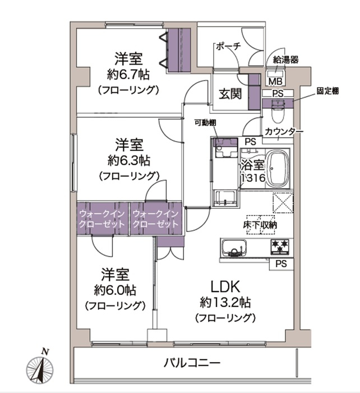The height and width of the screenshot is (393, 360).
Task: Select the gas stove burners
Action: pos(280,247)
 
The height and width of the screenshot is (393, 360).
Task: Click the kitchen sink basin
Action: pos(234,248)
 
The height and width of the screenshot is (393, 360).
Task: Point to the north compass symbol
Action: pos(40,368)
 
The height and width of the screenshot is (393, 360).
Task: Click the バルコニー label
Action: pos(192,363)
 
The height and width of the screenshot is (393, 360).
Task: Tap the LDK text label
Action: pos(225,287)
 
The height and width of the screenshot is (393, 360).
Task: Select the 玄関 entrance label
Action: pos(230,94)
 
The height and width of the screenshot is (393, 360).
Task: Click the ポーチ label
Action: pos(229,47)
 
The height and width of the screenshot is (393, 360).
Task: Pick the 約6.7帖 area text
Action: pos(128,75)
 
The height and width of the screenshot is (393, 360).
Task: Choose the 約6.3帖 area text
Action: pos(129,161)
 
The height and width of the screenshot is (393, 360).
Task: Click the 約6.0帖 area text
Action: pos(115,290)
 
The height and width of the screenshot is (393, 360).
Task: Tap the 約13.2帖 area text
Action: pos(225,303)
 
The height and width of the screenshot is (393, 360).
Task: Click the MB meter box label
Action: pos(275,81)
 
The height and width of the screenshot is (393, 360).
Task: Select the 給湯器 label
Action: pos(285,60)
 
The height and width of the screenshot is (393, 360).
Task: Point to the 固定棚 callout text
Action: pos(327,91)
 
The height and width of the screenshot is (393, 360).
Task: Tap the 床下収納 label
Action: pos(260,225)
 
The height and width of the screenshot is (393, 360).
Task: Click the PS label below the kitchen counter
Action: pos(281,264)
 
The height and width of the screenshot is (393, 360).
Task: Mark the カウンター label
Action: pos(284,131)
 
